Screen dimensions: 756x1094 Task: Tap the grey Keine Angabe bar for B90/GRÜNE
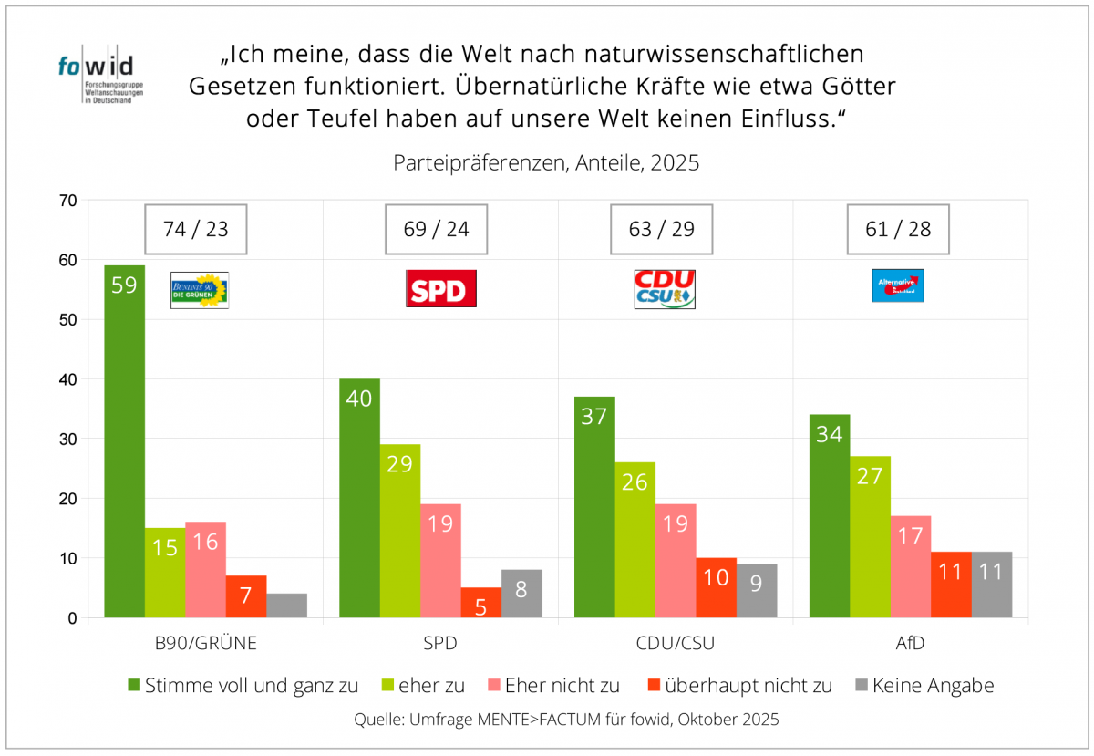(286, 606)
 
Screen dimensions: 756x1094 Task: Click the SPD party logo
(440, 288)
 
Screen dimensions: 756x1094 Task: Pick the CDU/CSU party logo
(664, 288)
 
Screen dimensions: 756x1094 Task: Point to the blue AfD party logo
(898, 285)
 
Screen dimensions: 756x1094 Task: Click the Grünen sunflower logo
(200, 289)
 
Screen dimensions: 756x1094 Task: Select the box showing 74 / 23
(196, 229)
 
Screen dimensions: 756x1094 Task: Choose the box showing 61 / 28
(898, 229)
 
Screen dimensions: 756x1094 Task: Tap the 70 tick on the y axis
(68, 200)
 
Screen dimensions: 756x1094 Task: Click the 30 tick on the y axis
(68, 439)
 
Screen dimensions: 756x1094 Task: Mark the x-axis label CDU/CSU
(676, 643)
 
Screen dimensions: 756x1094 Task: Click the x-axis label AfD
(910, 643)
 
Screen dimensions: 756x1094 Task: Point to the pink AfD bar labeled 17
(911, 566)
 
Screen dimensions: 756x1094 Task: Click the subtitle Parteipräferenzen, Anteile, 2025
(546, 163)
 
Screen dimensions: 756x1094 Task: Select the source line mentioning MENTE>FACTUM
(566, 719)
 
